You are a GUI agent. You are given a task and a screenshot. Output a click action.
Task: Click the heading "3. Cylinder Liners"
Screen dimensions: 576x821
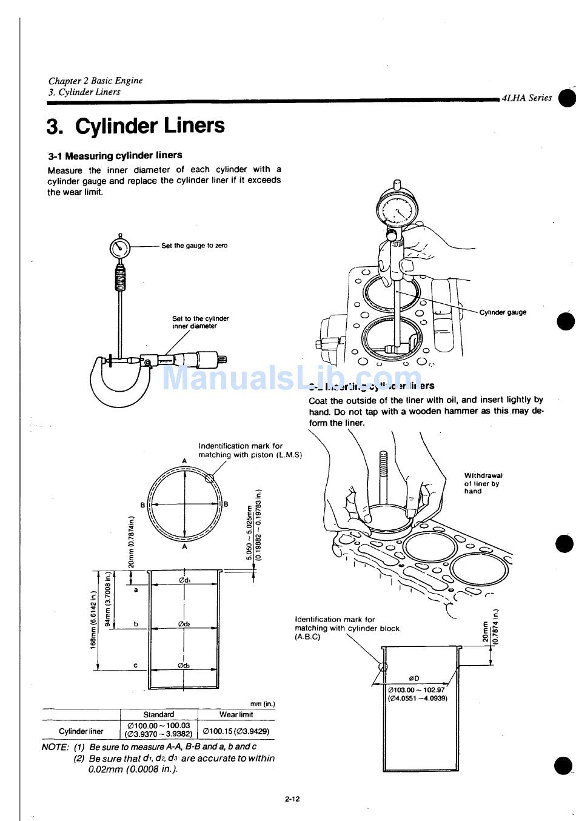click(x=135, y=126)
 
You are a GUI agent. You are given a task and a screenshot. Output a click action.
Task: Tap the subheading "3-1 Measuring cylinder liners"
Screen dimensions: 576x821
click(x=115, y=155)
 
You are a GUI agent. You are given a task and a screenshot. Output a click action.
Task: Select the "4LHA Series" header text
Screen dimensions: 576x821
click(x=526, y=98)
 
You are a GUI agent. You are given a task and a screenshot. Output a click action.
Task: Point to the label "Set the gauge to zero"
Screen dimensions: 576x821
click(x=194, y=246)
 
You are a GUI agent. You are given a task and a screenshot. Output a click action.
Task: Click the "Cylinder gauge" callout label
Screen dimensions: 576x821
click(x=503, y=312)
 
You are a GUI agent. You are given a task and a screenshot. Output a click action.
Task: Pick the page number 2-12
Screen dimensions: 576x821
click(x=292, y=799)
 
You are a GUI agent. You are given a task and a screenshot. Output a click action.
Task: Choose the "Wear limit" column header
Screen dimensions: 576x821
click(x=236, y=714)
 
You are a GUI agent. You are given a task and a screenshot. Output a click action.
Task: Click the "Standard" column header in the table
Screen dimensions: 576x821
click(x=158, y=714)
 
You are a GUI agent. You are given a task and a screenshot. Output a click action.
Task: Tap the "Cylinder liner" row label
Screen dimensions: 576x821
click(x=81, y=731)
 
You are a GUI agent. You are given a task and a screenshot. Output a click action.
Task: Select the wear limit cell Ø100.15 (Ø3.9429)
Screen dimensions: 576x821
click(x=236, y=731)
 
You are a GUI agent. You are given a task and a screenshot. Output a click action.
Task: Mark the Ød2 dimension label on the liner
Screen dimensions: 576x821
click(x=185, y=624)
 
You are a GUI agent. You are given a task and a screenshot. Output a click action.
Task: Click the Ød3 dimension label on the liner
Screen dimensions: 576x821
click(x=184, y=665)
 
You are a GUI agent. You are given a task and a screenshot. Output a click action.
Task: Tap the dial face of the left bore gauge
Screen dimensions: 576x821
click(x=120, y=247)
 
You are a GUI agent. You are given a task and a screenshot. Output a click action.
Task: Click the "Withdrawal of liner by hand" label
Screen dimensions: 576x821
click(x=483, y=483)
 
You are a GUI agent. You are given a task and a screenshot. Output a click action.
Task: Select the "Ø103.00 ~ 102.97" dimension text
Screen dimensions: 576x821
click(x=416, y=689)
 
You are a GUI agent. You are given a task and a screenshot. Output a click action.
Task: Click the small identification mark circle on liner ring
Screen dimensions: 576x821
click(x=210, y=478)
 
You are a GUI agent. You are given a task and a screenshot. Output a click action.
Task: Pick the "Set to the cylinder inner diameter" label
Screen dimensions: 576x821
click(x=200, y=322)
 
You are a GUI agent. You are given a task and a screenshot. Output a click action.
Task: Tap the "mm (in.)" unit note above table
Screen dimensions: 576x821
click(x=262, y=704)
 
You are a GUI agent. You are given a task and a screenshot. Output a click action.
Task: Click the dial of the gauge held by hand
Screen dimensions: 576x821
click(x=397, y=211)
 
